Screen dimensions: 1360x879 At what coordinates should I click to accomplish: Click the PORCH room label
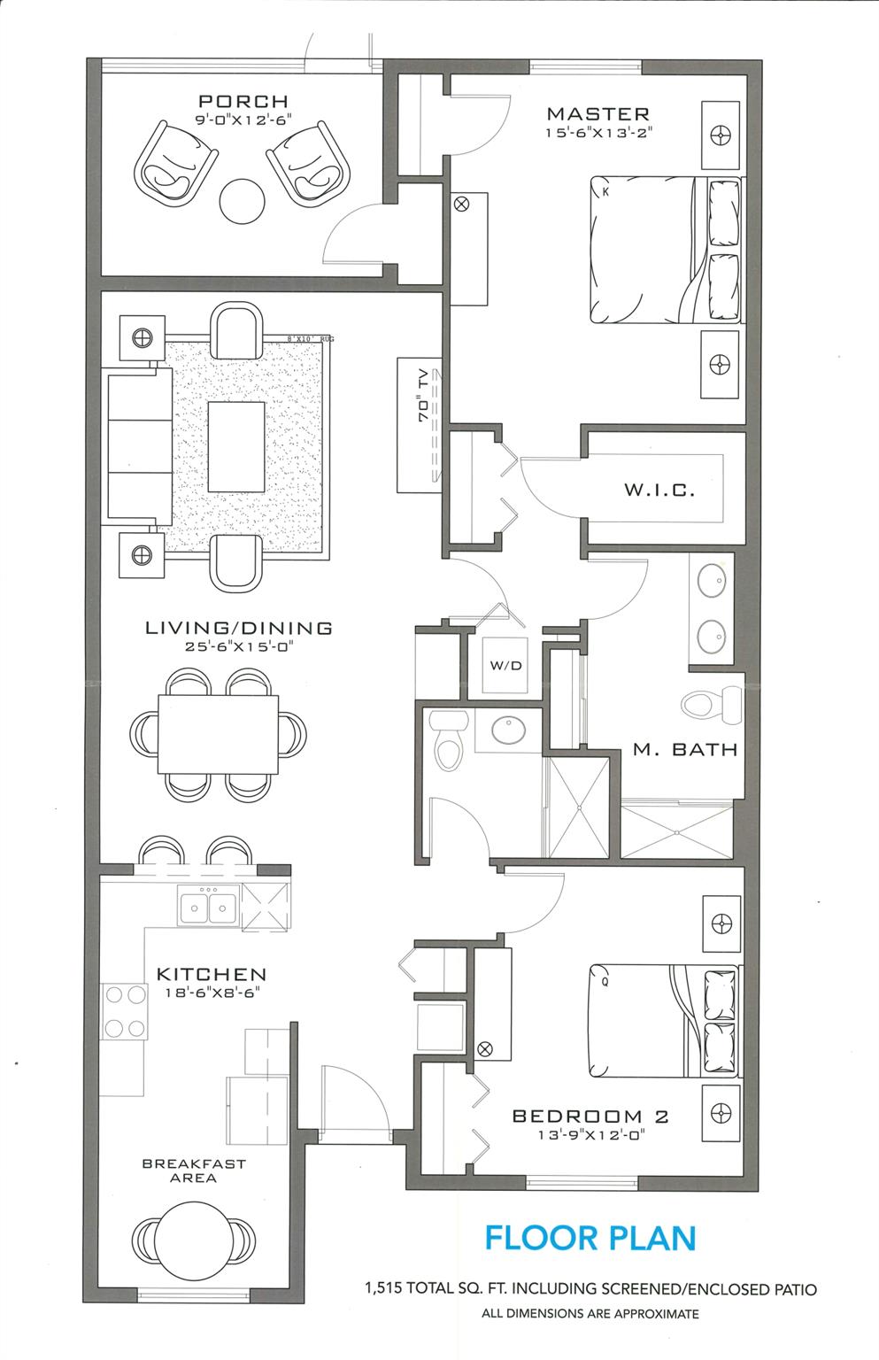[x=243, y=102]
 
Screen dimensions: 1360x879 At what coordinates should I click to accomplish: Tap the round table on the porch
[x=242, y=201]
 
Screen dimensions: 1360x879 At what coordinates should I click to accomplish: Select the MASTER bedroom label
[x=598, y=113]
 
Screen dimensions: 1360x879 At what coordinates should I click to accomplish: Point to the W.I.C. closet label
[x=659, y=490]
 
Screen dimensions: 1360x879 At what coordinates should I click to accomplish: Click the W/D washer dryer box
[x=506, y=666]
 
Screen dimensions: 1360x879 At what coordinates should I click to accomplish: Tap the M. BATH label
[x=685, y=750]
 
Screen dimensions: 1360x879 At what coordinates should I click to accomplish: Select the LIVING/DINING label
[x=239, y=628]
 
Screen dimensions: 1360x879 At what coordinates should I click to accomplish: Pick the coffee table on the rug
[x=236, y=446]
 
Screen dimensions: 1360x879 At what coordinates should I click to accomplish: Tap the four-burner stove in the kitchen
[x=125, y=1011]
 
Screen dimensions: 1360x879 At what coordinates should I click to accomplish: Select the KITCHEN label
[x=212, y=974]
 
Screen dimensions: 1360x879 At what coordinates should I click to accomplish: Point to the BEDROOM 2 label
[x=590, y=1117]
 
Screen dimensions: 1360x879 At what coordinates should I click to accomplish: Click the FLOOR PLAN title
[x=590, y=1238]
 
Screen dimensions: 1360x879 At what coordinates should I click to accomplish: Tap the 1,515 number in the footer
[x=382, y=1289]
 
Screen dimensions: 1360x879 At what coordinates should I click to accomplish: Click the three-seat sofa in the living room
[x=138, y=447]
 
